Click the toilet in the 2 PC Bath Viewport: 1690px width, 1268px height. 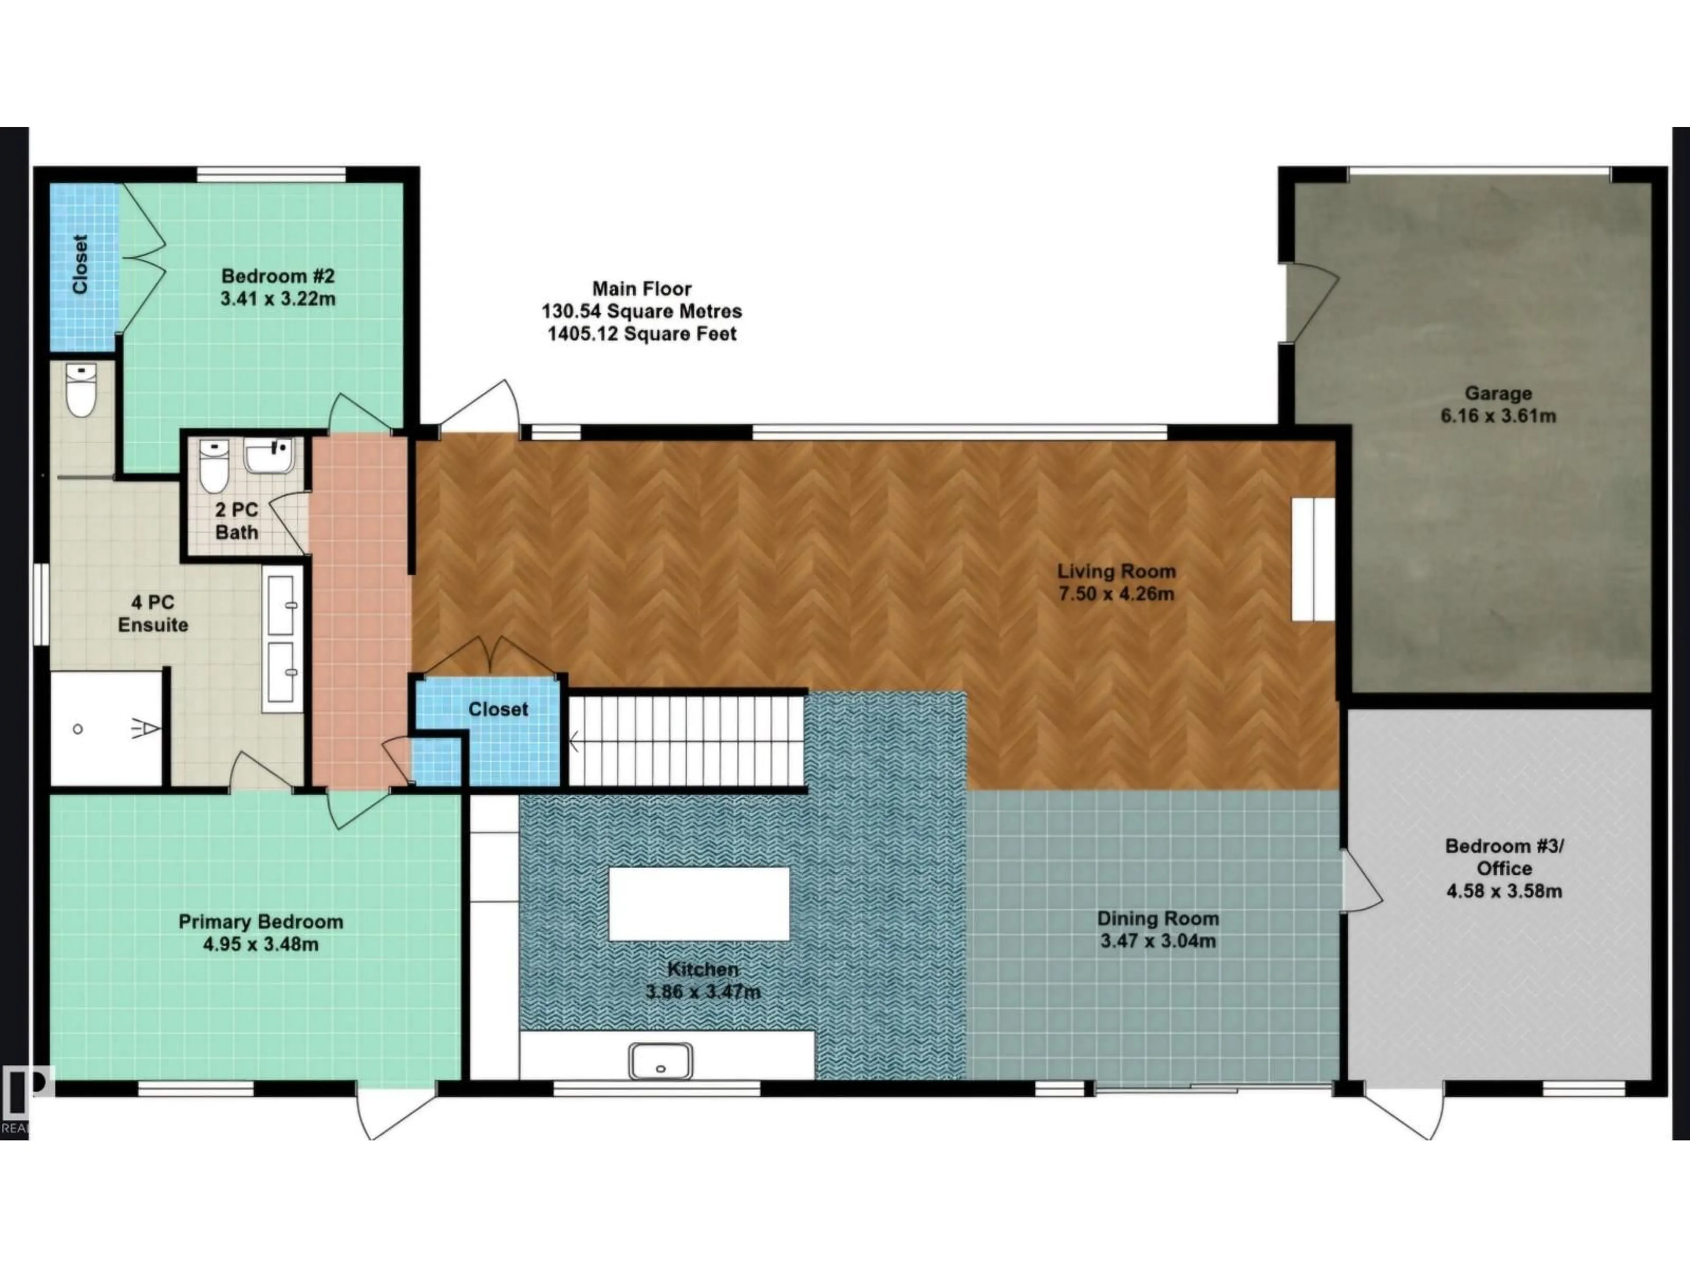point(213,466)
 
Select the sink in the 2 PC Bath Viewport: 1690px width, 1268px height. point(269,456)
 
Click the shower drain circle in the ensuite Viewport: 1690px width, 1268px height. point(78,729)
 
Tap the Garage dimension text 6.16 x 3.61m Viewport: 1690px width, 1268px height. point(1498,417)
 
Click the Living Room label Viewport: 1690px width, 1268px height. point(1116,571)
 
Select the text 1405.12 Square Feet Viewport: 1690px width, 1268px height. point(642,334)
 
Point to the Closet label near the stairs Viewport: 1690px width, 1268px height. point(498,709)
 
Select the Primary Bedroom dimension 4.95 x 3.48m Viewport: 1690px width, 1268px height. point(261,945)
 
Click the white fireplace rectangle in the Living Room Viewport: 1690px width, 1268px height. point(1312,559)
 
